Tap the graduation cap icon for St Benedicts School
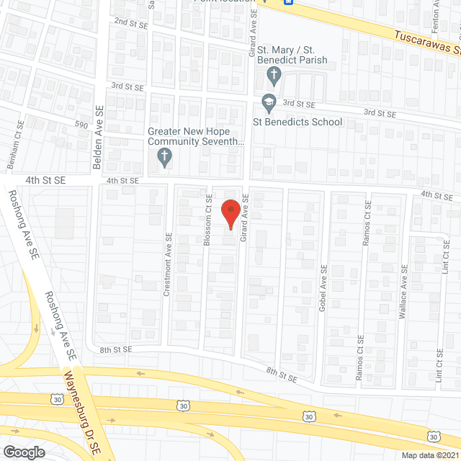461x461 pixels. pyautogui.click(x=269, y=104)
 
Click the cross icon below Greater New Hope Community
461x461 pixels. pyautogui.click(x=164, y=158)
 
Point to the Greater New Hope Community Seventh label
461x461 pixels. pyautogui.click(x=197, y=137)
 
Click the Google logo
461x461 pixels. pyautogui.click(x=24, y=451)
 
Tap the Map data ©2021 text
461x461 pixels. pyautogui.click(x=429, y=455)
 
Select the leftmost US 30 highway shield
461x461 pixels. pyautogui.click(x=56, y=399)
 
